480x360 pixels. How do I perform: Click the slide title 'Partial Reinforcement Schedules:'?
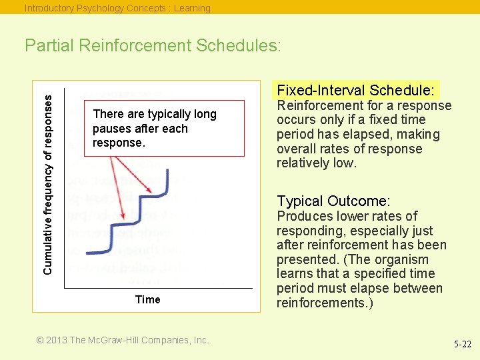point(153,46)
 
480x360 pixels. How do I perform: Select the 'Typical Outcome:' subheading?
point(333,201)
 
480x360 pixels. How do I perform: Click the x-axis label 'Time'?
point(147,300)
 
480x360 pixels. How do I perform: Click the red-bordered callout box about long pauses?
point(163,129)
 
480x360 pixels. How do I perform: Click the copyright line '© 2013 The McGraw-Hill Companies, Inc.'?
point(123,340)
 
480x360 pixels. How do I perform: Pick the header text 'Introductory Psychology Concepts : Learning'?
point(117,8)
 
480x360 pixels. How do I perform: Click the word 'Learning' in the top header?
point(192,8)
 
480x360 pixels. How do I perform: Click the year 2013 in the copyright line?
point(56,340)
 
